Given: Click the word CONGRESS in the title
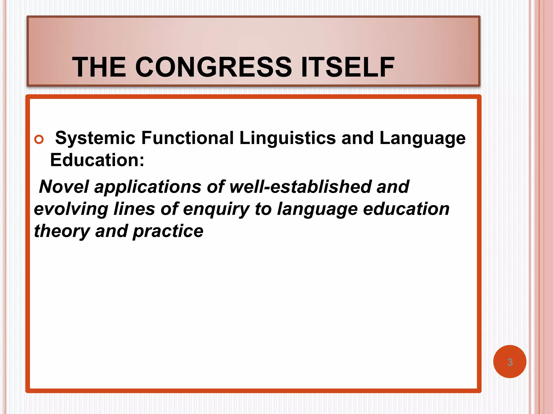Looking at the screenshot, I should pyautogui.click(x=213, y=67).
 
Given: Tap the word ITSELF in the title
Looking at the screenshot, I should pyautogui.click(x=348, y=67).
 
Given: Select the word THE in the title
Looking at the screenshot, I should pyautogui.click(x=99, y=67).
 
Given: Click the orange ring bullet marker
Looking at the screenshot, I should pyautogui.click(x=39, y=139).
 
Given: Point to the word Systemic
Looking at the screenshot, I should pyautogui.click(x=95, y=138).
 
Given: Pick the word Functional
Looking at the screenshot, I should pyautogui.click(x=187, y=138).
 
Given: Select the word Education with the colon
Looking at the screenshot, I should pyautogui.click(x=97, y=160).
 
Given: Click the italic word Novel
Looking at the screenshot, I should pyautogui.click(x=64, y=187).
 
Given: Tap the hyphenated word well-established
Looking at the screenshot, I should pyautogui.click(x=300, y=187).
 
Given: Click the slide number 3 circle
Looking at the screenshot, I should pyautogui.click(x=510, y=362).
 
